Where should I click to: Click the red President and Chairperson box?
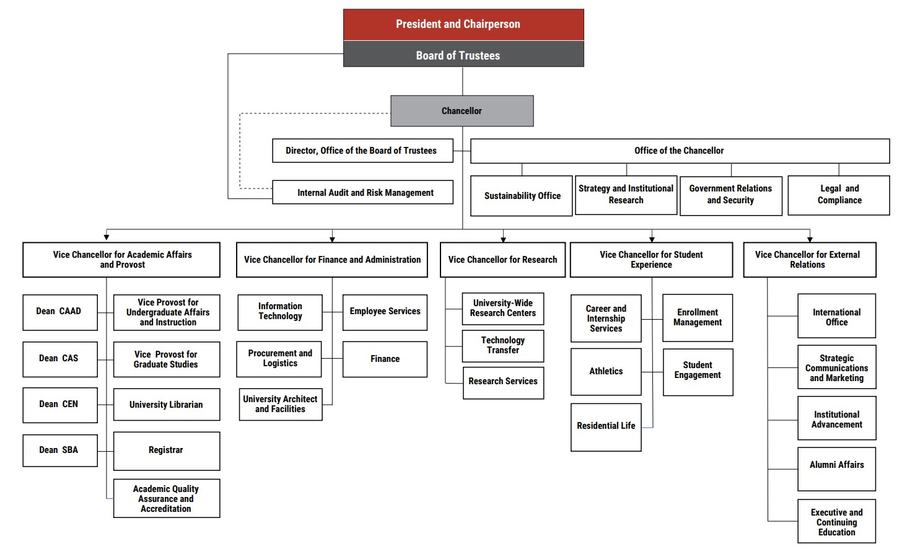point(463,25)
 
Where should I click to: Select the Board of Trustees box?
point(463,55)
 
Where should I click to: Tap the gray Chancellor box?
point(462,111)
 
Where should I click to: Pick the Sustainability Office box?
point(522,196)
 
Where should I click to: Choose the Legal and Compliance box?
point(839,195)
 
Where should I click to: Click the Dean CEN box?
point(59,405)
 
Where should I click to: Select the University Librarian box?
point(166,405)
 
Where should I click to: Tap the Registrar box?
point(166,450)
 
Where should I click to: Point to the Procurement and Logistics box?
point(279,359)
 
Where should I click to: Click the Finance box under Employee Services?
point(385,359)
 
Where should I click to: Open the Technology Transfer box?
point(502,346)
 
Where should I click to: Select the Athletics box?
point(606,372)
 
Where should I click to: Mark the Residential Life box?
point(606,426)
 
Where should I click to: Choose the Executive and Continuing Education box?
point(836,522)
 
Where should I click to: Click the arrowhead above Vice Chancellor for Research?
point(503,239)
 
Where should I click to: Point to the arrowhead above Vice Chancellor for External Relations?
point(809,239)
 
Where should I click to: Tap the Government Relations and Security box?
point(730,195)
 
